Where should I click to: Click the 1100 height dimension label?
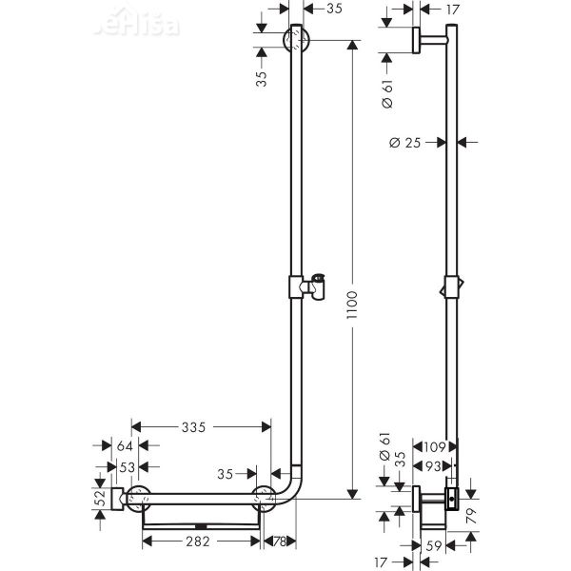tap(354, 305)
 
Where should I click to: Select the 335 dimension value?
tap(193, 428)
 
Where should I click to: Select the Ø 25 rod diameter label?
tap(407, 143)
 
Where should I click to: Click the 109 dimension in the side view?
tap(436, 446)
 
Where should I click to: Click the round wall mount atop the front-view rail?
tap(298, 41)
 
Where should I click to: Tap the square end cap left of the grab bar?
tap(116, 496)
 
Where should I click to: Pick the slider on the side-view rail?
tap(450, 287)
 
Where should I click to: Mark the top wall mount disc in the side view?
tap(416, 41)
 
